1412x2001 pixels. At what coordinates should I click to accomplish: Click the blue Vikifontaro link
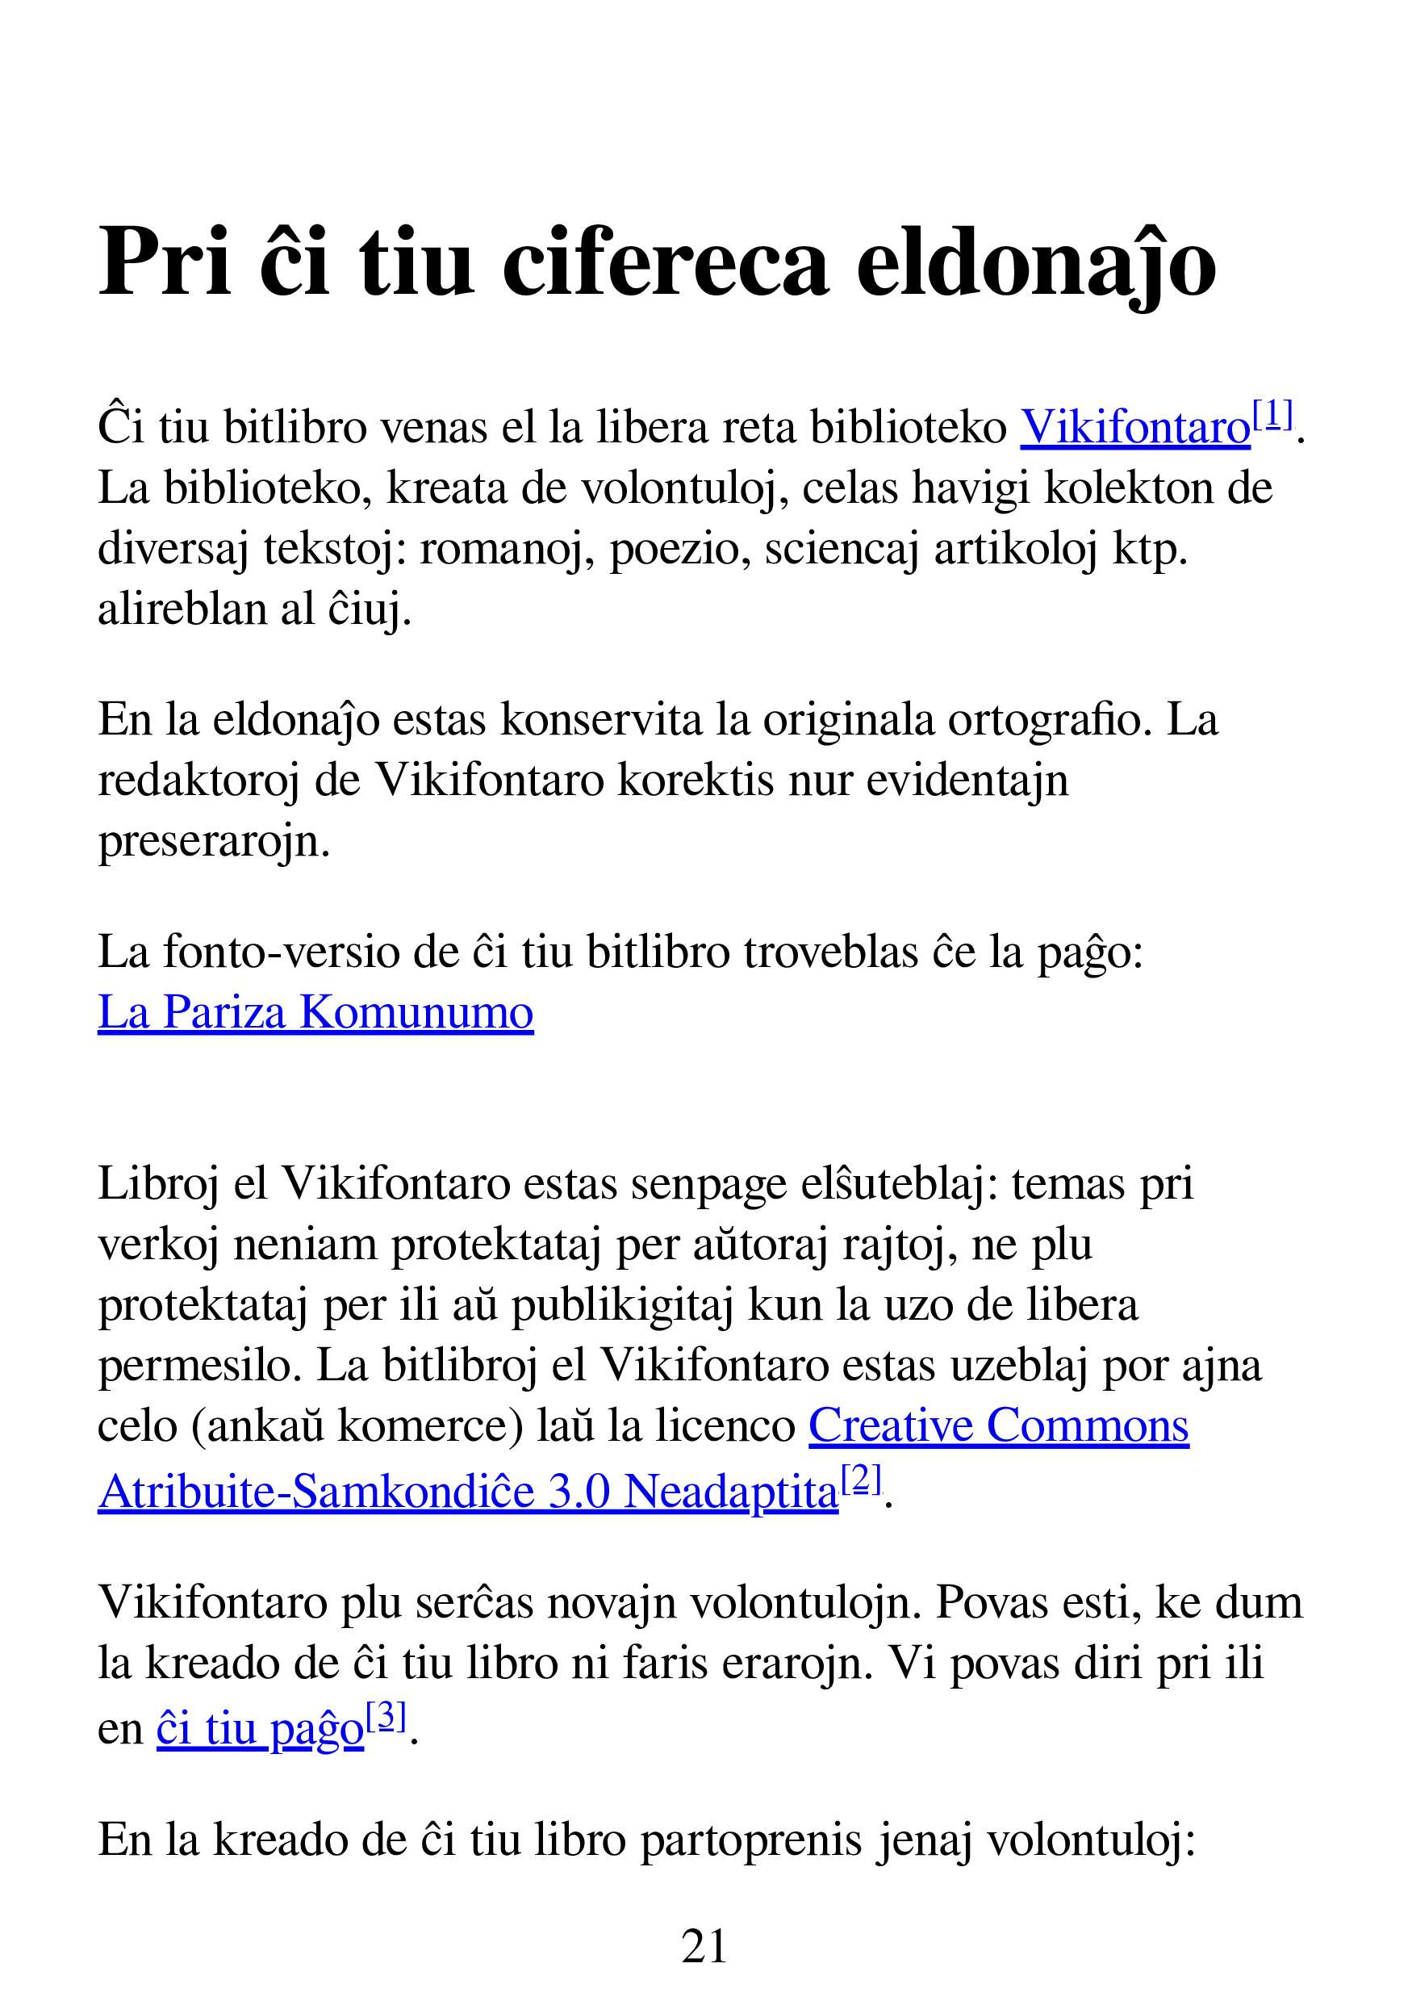click(1135, 428)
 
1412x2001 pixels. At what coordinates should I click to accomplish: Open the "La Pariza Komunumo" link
click(315, 1013)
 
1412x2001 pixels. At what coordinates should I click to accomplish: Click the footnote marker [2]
click(862, 1480)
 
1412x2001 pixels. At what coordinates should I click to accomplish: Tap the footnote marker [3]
click(386, 1717)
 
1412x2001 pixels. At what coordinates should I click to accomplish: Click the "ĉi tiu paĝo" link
click(260, 1729)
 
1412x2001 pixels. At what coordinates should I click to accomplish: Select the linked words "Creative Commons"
click(998, 1426)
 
